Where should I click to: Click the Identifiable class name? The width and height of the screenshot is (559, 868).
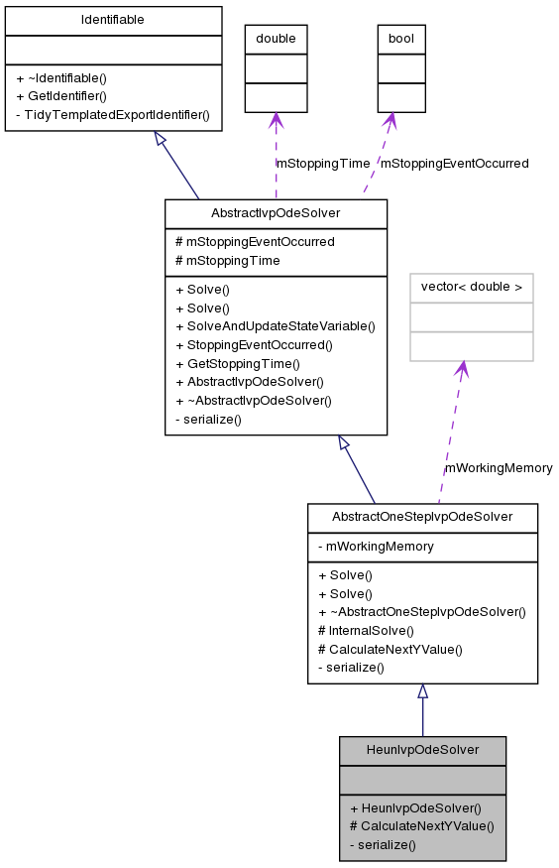[112, 20]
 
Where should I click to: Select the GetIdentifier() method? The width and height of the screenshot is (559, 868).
[61, 96]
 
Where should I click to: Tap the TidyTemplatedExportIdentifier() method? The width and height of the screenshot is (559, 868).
[112, 115]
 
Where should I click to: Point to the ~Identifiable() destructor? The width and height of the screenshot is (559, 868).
[61, 77]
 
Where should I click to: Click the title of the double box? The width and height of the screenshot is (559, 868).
[276, 39]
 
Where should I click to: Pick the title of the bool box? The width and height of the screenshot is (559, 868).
[401, 39]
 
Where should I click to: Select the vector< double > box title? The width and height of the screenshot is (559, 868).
[472, 288]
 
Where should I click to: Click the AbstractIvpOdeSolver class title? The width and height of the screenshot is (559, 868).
[276, 213]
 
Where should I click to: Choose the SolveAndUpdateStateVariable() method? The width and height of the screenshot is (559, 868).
[275, 326]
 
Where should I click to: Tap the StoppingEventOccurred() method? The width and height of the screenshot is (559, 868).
[253, 345]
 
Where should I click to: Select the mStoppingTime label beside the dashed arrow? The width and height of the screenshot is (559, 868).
[322, 164]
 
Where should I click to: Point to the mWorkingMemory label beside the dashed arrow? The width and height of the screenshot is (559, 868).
[499, 468]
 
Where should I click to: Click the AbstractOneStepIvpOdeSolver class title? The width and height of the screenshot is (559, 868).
[422, 517]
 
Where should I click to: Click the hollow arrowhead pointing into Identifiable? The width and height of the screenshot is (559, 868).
[161, 139]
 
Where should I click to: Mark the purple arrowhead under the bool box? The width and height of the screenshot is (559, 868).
[391, 120]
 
